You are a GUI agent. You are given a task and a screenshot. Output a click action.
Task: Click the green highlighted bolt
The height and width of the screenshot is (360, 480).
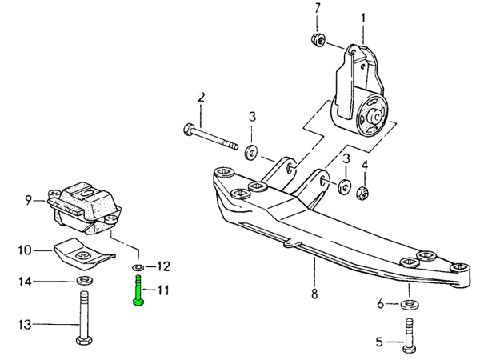click(138, 289)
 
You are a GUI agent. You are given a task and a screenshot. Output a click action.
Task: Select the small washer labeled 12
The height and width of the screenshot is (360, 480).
click(138, 266)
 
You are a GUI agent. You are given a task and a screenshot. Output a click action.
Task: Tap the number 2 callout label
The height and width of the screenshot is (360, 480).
click(202, 97)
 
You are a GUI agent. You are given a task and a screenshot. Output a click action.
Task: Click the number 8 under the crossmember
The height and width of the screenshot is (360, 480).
click(314, 294)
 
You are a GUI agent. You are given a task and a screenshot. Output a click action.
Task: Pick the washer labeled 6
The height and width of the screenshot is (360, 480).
click(409, 304)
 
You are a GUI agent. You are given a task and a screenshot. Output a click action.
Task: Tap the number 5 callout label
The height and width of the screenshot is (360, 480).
click(380, 343)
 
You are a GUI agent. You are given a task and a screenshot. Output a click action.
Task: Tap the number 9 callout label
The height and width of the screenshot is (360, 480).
click(28, 199)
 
